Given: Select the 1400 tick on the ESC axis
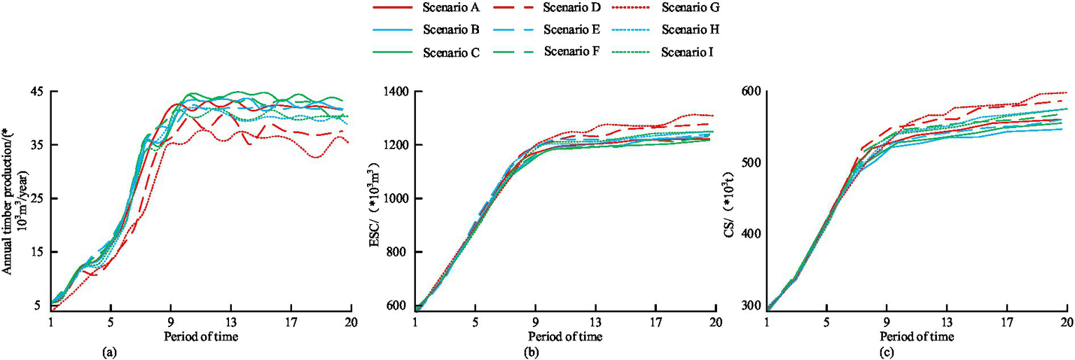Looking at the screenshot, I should [x=397, y=92].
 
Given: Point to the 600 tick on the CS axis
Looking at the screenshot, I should [x=752, y=92].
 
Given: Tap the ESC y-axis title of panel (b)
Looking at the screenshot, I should [x=373, y=200].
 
